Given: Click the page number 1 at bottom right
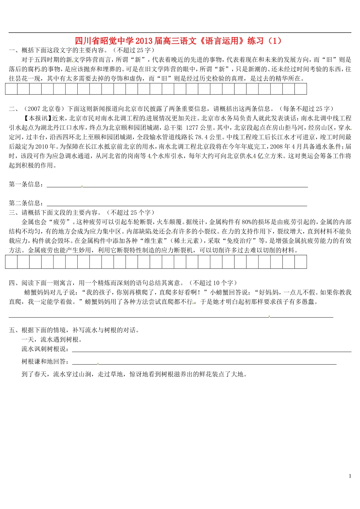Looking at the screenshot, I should coord(350,476).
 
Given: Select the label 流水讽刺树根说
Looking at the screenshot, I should coord(45,349).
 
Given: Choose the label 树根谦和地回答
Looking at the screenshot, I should coord(45,362).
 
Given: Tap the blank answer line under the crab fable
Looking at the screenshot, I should coord(171,317).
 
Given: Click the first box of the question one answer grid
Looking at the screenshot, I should coord(11,89).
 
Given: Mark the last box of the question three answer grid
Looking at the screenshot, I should coord(301,262).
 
